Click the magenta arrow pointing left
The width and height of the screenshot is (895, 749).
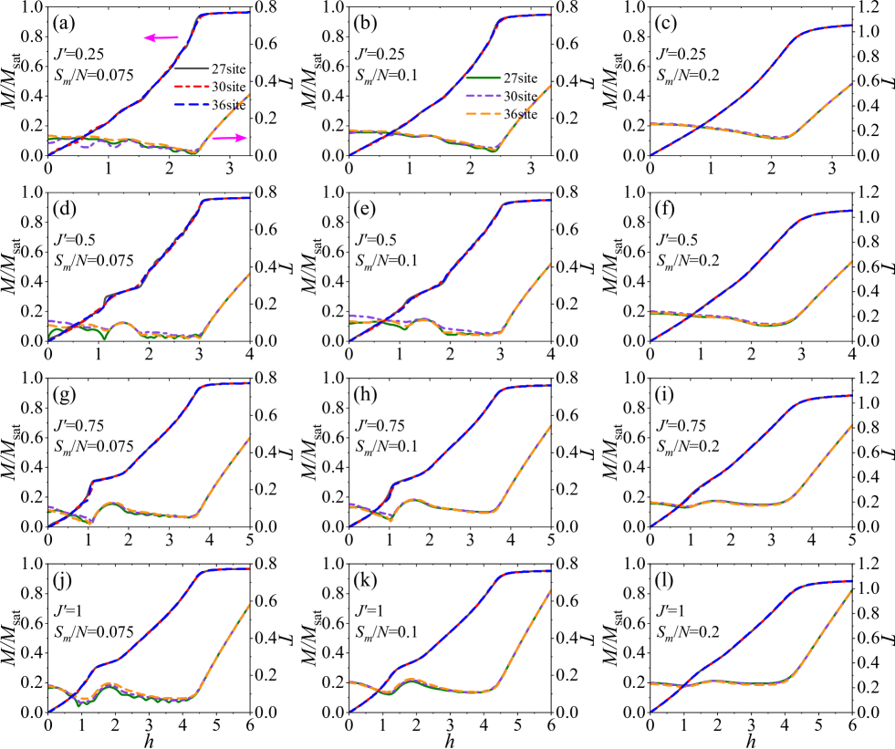click(x=161, y=37)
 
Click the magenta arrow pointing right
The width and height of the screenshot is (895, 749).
click(x=230, y=138)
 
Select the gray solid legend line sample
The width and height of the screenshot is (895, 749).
click(x=191, y=68)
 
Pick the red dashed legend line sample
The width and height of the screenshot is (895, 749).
click(x=191, y=87)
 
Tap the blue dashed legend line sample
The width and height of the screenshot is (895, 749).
click(x=191, y=105)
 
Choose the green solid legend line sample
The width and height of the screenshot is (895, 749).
click(x=483, y=78)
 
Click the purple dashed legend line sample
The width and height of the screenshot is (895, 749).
click(x=483, y=96)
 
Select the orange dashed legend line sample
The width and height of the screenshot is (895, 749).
click(x=483, y=114)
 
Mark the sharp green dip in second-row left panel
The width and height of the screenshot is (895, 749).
click(x=105, y=338)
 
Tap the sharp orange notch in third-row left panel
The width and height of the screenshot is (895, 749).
click(x=90, y=523)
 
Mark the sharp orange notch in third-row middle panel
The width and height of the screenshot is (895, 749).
click(x=391, y=520)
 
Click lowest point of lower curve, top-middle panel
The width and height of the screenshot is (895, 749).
click(x=492, y=151)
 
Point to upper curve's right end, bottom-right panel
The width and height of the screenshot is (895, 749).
click(x=850, y=581)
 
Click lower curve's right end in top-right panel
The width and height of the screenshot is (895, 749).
click(x=850, y=85)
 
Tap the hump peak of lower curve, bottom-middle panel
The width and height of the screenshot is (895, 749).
click(x=411, y=679)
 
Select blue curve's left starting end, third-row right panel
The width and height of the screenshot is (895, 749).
click(x=651, y=525)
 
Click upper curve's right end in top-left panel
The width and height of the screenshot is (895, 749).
click(x=248, y=13)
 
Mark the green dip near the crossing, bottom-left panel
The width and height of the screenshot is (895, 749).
click(x=80, y=704)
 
